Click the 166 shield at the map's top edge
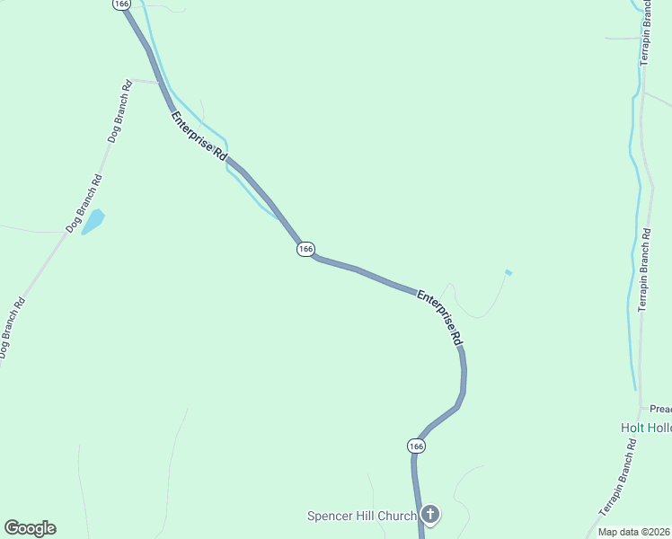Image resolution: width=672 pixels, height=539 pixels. pyautogui.click(x=122, y=4)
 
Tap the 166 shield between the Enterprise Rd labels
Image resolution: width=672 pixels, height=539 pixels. pyautogui.click(x=305, y=249)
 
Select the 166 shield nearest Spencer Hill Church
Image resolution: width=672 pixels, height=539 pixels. pyautogui.click(x=415, y=446)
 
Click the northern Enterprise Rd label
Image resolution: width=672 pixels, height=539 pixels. pyautogui.click(x=199, y=136)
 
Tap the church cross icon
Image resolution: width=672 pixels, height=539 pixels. pyautogui.click(x=430, y=515)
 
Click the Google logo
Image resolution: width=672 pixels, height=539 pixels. pyautogui.click(x=30, y=528)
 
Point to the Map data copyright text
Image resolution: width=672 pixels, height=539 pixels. pyautogui.click(x=634, y=532)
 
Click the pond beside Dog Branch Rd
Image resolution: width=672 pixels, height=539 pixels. pyautogui.click(x=93, y=221)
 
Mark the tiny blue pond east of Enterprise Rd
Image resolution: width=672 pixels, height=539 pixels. pyautogui.click(x=508, y=272)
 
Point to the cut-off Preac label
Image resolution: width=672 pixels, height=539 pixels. pyautogui.click(x=660, y=407)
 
